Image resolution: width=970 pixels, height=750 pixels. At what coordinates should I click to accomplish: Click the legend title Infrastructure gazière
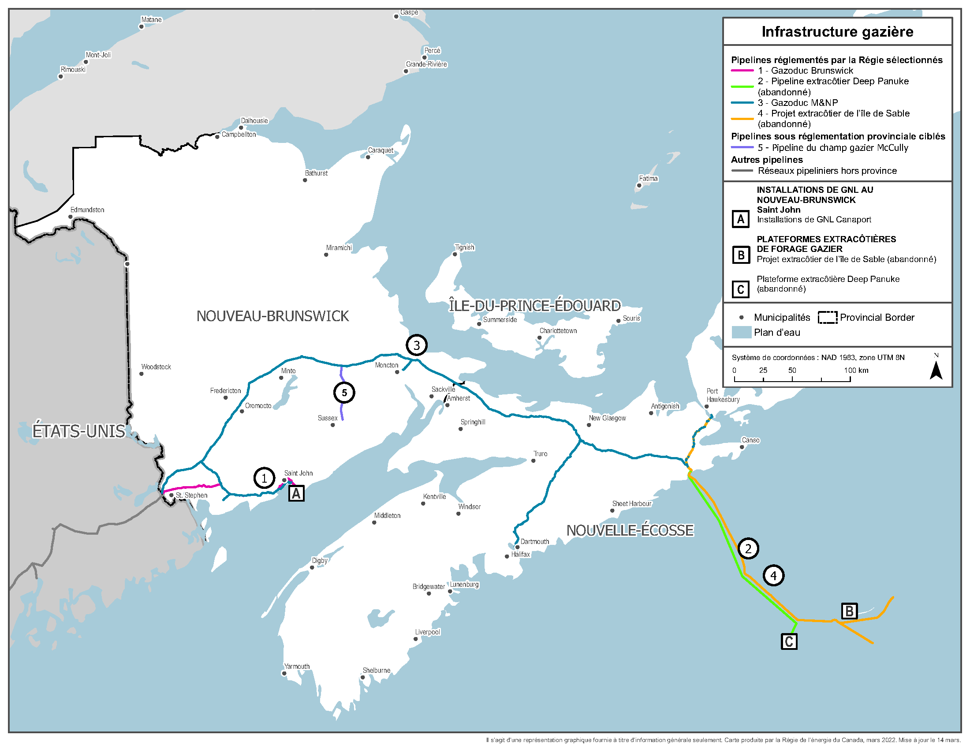pos(837,32)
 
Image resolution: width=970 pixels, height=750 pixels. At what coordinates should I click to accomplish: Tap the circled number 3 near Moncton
pos(416,345)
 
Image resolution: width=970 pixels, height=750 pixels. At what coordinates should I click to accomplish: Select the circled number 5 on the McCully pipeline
pos(344,393)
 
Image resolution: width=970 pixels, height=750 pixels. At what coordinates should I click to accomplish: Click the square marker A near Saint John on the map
pos(296,493)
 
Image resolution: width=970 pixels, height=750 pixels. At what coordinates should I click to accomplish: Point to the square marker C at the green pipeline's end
pos(789,641)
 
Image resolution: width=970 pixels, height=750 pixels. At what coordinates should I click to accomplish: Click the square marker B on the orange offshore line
pos(849,611)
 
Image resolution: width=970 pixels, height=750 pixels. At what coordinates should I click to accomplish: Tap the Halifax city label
pos(520,555)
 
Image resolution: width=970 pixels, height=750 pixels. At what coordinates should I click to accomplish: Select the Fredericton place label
pos(225,390)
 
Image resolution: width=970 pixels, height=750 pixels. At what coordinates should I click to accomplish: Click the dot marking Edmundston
pos(70,217)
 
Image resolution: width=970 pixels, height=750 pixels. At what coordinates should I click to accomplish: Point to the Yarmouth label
pos(297,667)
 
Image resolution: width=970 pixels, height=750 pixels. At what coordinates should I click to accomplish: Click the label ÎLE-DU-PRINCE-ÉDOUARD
pos(534,306)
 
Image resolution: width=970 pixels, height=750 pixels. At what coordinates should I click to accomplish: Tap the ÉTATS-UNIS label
pos(78,431)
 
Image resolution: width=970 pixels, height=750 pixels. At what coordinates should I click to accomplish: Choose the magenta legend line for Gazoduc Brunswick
pos(742,71)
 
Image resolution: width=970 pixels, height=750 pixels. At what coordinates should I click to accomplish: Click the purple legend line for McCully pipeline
pos(742,147)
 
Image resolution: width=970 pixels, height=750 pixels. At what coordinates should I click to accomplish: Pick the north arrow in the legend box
pos(936,369)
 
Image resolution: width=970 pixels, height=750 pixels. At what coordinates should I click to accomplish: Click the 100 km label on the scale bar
pos(856,370)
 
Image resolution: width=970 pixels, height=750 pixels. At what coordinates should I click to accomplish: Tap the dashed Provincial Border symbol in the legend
pos(828,317)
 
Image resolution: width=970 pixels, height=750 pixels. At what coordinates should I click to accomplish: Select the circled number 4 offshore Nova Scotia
pos(773,575)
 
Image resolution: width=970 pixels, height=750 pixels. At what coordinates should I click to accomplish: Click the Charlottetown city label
pos(558,330)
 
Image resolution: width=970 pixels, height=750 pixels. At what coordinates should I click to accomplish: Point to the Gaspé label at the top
pos(409,12)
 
